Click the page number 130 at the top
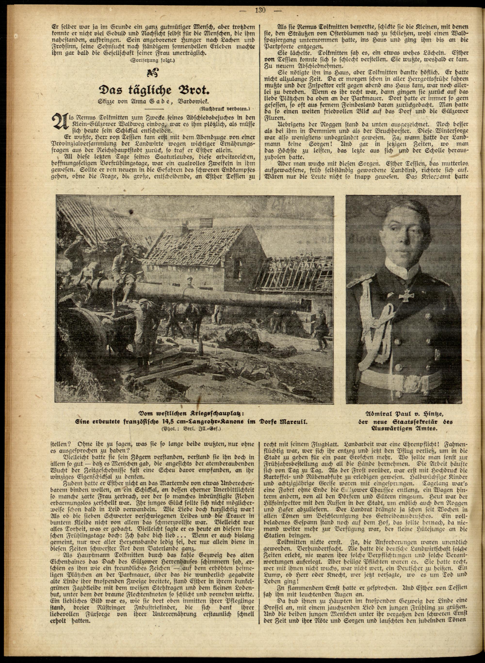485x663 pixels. tap(260, 10)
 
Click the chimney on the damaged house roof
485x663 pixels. tap(204, 224)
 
